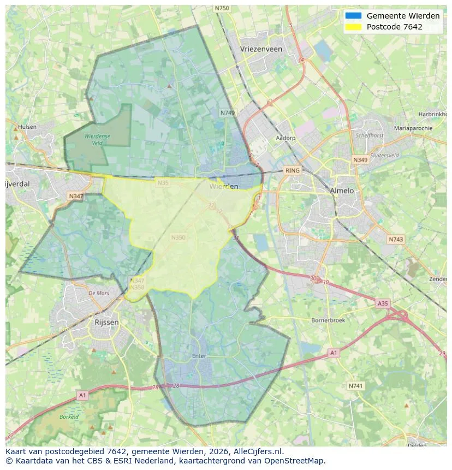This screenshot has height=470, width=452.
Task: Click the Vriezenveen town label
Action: tap(261, 49)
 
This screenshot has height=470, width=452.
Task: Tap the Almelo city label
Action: tap(342, 191)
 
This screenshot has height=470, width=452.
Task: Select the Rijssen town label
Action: tap(106, 323)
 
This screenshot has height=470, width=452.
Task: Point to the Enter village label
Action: tap(199, 356)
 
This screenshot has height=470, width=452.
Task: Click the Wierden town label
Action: tap(224, 186)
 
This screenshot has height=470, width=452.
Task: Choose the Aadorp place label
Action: tap(286, 138)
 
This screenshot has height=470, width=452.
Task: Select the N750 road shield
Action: tap(222, 8)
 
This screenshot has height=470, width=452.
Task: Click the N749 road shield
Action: tap(228, 112)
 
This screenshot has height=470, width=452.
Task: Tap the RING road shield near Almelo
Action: tap(293, 170)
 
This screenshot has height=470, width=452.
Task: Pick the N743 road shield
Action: tap(395, 239)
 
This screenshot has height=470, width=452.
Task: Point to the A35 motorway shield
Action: tap(383, 303)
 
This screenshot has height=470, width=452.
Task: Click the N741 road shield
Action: tap(355, 386)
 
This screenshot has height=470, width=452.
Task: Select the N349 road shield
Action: tap(360, 160)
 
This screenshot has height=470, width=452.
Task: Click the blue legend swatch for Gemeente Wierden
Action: tap(353, 16)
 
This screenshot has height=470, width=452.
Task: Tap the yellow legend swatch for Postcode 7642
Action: tap(353, 27)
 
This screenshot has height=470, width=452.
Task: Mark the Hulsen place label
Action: tap(27, 127)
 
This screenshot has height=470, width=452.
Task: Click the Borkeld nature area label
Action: tap(69, 417)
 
